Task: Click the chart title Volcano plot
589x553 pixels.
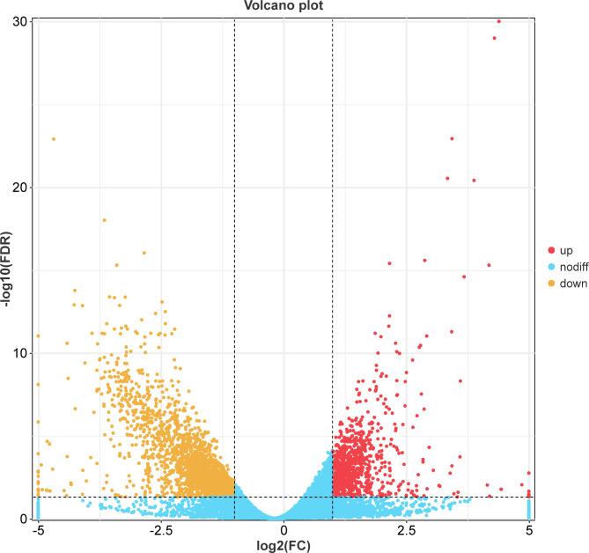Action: [283, 5]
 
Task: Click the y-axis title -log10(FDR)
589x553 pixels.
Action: [8, 269]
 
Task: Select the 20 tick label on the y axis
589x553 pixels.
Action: [20, 187]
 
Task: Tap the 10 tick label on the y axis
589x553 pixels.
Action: [20, 353]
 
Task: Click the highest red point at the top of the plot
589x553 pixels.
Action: [499, 20]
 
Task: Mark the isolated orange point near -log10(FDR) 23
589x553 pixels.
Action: [54, 139]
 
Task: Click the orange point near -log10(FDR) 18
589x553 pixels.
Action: [104, 220]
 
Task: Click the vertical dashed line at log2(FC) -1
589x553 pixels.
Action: [234, 264]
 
